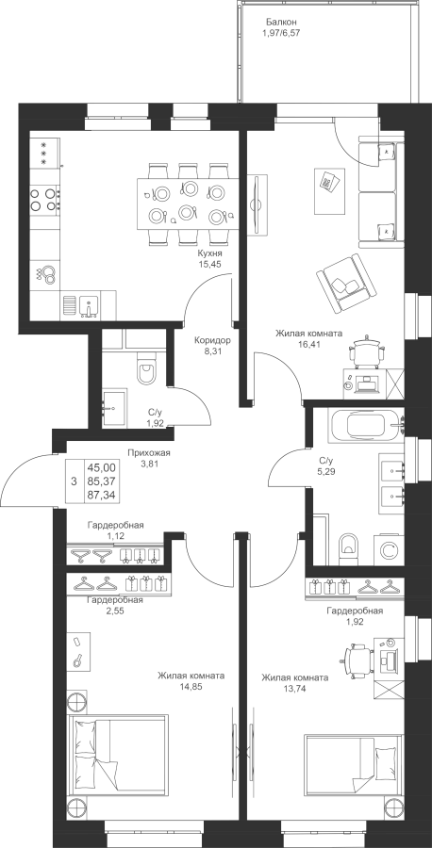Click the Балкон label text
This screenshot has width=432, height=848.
point(281,23)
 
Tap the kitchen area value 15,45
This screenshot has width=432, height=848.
point(210,265)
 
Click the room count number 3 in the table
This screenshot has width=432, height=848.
point(74,481)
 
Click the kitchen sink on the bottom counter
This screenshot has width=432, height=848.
point(89,305)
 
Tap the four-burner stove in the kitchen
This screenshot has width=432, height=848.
point(44,198)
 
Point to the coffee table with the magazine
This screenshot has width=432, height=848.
point(329,190)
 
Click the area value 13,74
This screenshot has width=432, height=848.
point(295,688)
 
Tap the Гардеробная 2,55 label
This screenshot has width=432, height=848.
point(115,606)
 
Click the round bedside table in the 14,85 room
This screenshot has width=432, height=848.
point(76,701)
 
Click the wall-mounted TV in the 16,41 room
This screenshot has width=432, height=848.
point(258,204)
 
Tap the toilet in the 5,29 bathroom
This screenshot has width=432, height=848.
point(347,547)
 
